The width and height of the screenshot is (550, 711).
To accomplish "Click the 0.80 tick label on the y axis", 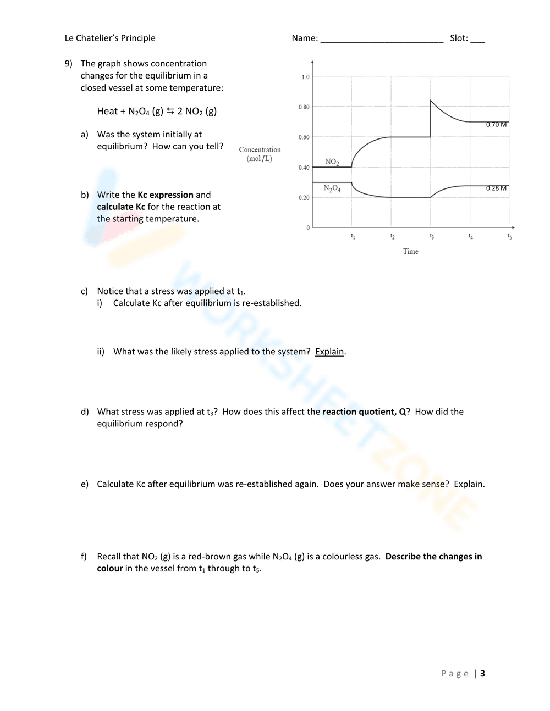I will coord(304,107).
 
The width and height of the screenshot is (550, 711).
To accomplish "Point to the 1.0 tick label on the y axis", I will coord(305,77).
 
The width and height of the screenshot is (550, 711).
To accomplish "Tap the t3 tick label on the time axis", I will coord(431,237).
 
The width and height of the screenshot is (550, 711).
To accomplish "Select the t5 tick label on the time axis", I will coord(509,237).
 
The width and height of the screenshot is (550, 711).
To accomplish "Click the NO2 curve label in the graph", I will coord(332,162).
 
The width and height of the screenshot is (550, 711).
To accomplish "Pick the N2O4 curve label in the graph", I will coord(332,188).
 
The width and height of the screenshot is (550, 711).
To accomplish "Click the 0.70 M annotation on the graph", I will coord(496,125).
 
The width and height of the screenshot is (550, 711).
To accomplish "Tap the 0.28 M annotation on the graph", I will coord(496,188).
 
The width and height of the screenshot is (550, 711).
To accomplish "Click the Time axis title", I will coord(410,252).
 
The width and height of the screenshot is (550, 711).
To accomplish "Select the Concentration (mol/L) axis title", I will coord(260,154).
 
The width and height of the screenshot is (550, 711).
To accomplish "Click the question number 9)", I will coord(69,64).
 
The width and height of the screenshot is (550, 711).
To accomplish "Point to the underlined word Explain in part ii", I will coord(329,352).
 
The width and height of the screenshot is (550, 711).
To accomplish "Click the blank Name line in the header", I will coord(382,39).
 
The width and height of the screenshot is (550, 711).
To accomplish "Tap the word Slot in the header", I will coord(458,38).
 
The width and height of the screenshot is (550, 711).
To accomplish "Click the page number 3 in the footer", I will coord(482,674).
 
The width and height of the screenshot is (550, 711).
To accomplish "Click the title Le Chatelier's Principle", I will coord(110,38).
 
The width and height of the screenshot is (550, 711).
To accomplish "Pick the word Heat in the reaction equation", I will coord(107,112).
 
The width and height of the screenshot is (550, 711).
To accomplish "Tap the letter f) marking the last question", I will coord(84,557).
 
